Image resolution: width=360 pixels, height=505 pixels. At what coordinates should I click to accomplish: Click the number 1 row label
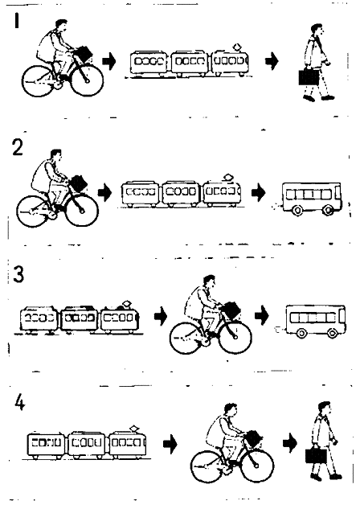click(17, 20)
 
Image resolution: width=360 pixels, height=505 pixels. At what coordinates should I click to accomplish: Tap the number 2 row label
click(18, 148)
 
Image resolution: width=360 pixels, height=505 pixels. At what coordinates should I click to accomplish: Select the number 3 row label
click(18, 275)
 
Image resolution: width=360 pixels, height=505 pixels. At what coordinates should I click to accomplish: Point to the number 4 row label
click(19, 402)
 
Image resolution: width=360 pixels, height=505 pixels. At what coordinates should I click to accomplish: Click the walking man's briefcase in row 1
click(309, 77)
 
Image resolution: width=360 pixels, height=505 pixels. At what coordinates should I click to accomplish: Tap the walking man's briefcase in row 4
click(316, 456)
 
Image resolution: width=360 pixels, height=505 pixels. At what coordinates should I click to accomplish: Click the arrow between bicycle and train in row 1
click(109, 61)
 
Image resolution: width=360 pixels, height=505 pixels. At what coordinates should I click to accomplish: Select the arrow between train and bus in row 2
click(259, 193)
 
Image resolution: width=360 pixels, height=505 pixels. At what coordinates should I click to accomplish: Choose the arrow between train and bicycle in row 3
click(161, 316)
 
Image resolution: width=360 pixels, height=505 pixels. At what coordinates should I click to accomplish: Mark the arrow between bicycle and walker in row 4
click(290, 444)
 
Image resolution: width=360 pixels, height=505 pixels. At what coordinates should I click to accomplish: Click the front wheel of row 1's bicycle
click(87, 80)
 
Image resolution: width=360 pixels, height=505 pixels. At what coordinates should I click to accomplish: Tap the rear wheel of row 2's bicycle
click(31, 211)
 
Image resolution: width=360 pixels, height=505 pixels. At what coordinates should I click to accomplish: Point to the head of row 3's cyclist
click(210, 282)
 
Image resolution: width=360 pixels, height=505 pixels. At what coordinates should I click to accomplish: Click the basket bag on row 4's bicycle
click(253, 438)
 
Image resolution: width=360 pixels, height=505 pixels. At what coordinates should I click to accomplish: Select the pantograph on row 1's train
click(238, 47)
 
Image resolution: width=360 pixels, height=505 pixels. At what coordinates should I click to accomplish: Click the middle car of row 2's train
click(182, 193)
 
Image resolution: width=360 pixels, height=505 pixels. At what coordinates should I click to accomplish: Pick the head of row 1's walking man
click(318, 31)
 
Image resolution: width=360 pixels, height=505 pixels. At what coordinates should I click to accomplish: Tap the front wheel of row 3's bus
click(333, 333)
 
